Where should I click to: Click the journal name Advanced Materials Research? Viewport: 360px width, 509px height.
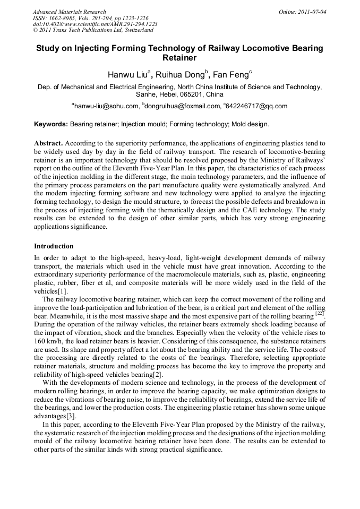click(x=69, y=12)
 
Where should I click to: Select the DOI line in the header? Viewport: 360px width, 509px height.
click(x=95, y=24)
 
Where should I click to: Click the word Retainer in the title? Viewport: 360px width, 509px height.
click(x=179, y=58)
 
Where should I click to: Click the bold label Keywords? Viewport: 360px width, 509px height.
click(x=51, y=124)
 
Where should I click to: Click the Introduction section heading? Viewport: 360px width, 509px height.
click(x=54, y=246)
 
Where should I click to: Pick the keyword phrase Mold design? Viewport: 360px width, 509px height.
click(x=252, y=124)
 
